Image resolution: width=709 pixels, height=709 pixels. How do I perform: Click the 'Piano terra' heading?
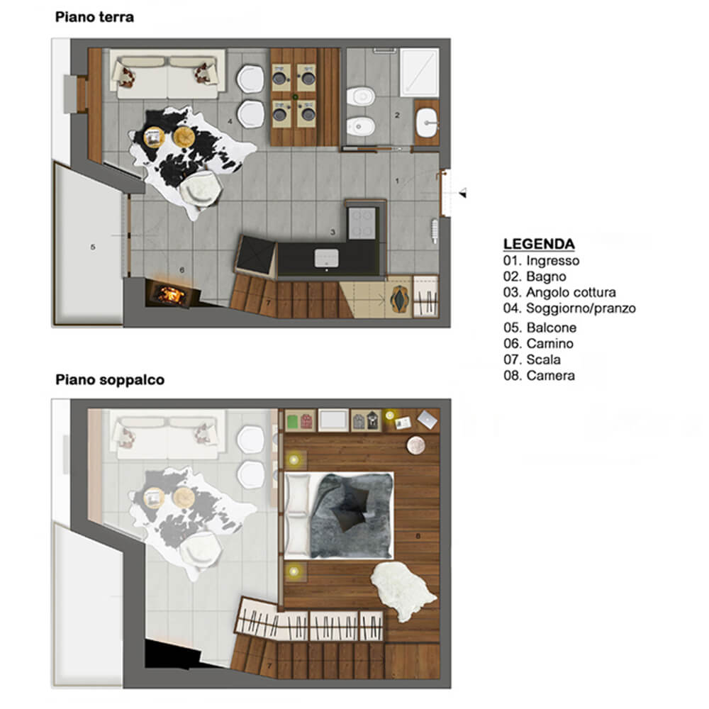(94, 17)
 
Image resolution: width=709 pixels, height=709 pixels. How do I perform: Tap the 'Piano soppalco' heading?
(110, 380)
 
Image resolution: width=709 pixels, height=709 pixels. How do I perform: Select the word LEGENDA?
(539, 244)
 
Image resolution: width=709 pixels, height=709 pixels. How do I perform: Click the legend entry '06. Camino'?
(539, 344)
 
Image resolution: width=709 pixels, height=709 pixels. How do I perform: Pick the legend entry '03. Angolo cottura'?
(560, 293)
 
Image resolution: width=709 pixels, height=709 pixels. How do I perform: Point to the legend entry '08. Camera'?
(540, 376)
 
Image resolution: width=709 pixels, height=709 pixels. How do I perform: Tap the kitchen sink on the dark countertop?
(326, 258)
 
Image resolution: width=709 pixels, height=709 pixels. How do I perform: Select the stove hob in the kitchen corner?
(362, 223)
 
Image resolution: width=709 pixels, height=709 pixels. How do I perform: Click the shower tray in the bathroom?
(420, 72)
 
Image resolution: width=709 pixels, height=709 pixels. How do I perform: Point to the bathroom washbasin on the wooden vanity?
(427, 123)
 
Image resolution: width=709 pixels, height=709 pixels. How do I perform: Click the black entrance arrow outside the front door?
(462, 194)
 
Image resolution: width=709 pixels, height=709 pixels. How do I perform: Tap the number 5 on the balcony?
(93, 247)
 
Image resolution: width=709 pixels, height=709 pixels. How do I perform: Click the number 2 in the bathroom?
(397, 116)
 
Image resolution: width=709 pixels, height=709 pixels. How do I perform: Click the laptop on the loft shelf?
(428, 420)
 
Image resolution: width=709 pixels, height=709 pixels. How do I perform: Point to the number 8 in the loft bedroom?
(418, 536)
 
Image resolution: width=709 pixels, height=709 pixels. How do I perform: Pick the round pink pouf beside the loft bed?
(416, 445)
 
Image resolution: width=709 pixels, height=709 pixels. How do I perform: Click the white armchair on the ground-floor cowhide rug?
(201, 189)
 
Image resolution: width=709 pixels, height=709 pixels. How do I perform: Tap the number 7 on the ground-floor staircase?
(269, 303)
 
